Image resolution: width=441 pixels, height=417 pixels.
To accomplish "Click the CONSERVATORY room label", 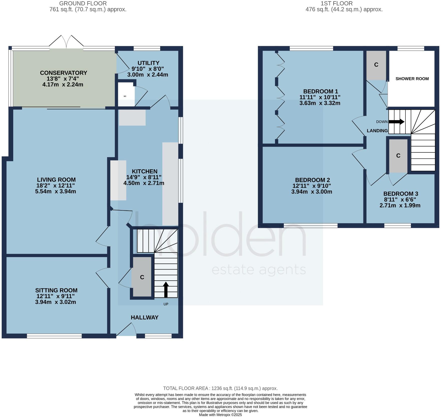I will point(64,73).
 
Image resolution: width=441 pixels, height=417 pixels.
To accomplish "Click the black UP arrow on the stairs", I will point(166,289).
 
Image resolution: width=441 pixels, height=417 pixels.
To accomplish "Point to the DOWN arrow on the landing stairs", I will point(396,122).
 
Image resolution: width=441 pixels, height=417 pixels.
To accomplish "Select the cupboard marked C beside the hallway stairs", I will point(142,277).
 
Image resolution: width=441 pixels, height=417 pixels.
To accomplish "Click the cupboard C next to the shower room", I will point(376,65).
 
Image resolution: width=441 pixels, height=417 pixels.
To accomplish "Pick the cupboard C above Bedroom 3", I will point(398,156).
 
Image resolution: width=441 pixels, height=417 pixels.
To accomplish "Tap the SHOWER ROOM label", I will point(412,79).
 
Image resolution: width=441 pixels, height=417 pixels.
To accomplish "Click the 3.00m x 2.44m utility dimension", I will point(148,75).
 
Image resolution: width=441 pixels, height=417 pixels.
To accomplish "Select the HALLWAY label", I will point(145,317).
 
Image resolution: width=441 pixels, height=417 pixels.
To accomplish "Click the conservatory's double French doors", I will point(66,42).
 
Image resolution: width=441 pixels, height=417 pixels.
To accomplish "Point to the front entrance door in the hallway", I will point(127,330).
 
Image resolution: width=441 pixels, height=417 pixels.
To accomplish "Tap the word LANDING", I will point(377,131).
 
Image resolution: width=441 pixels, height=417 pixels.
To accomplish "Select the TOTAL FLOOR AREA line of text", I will point(220,388).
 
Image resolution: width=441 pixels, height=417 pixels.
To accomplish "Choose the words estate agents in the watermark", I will point(259,270).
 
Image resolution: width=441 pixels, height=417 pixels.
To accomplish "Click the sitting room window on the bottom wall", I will point(54,336).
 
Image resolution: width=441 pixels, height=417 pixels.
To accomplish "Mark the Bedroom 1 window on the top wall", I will point(311,48).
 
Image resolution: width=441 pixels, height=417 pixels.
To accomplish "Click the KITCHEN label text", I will point(145,171).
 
